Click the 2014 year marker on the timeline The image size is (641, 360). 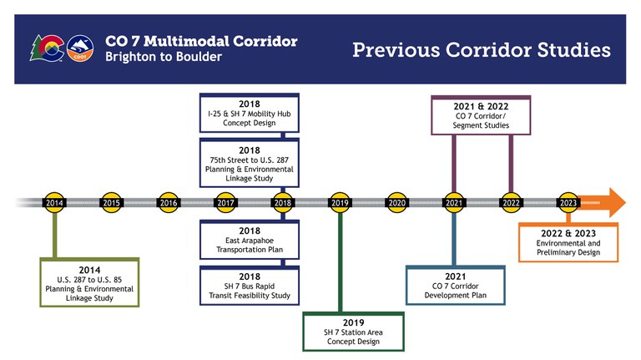(54, 202)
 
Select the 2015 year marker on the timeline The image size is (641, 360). (111, 202)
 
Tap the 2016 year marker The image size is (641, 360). (169, 202)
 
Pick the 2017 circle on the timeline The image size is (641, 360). (225, 202)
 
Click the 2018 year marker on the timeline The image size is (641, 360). (282, 202)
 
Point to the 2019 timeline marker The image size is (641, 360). (340, 202)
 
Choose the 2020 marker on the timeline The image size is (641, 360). (396, 202)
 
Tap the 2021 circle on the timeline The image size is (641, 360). (454, 202)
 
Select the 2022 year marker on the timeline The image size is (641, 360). (511, 202)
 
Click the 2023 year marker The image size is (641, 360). (568, 202)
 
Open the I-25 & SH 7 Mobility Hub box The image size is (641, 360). (248, 114)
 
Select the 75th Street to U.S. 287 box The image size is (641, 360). (248, 161)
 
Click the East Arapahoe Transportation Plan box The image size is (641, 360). (248, 241)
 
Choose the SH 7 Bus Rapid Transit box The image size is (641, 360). (248, 285)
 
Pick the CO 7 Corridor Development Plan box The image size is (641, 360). (455, 285)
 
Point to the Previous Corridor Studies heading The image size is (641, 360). (481, 50)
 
